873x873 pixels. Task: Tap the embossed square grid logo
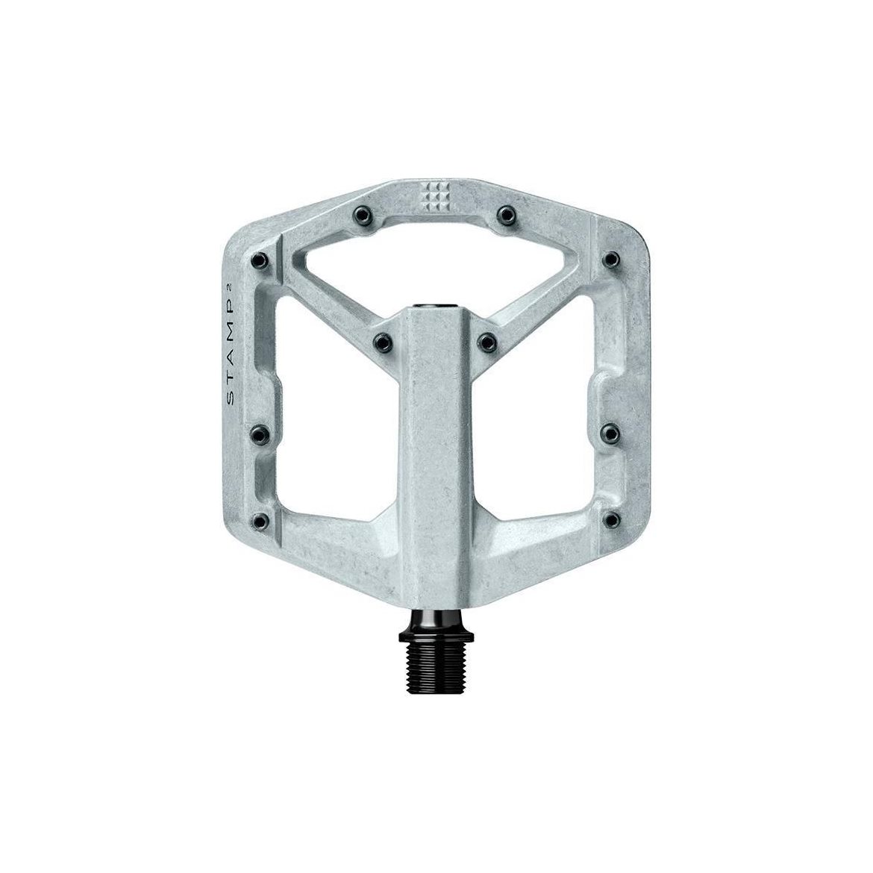[436, 196]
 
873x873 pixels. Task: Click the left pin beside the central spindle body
[383, 339]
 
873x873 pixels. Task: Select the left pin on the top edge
[361, 214]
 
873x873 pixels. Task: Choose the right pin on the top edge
[506, 214]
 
